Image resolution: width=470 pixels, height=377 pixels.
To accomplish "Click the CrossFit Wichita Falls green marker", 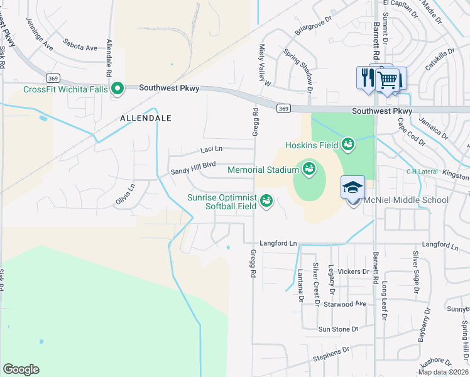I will (x=117, y=89).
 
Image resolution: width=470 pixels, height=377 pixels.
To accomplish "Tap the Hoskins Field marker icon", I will (x=347, y=146).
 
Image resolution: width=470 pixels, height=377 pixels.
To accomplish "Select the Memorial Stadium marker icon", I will (x=309, y=169).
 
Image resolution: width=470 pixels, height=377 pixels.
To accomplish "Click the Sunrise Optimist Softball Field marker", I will (x=266, y=201).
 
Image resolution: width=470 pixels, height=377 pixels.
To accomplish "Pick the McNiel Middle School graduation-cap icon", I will (x=352, y=187).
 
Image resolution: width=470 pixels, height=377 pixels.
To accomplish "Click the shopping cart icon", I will (x=388, y=79).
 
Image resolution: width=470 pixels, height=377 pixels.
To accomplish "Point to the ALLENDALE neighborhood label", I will (x=146, y=118).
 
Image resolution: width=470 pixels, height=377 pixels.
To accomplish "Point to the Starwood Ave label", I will (x=352, y=303).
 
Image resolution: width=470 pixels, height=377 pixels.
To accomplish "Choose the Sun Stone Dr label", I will (x=337, y=329).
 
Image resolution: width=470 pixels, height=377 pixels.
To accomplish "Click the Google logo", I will (x=21, y=369).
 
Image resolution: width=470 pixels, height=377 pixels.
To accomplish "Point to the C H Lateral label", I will (x=420, y=171).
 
